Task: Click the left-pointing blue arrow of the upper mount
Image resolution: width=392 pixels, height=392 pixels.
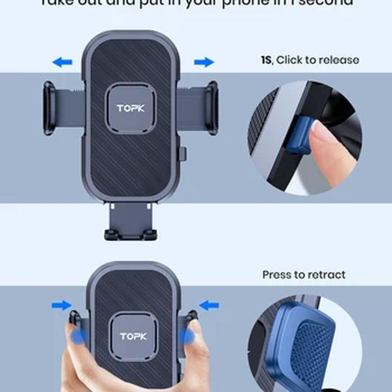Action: (62, 62)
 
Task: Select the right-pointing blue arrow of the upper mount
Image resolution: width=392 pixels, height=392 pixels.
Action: (204, 62)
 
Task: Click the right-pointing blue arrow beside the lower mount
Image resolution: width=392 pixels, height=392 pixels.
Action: (62, 304)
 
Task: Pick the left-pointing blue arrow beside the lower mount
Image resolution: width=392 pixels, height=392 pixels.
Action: (209, 304)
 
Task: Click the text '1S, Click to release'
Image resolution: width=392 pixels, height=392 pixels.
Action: (310, 60)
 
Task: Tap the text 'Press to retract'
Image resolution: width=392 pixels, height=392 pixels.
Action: (304, 274)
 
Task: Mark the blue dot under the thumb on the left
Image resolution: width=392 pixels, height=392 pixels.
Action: (78, 336)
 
